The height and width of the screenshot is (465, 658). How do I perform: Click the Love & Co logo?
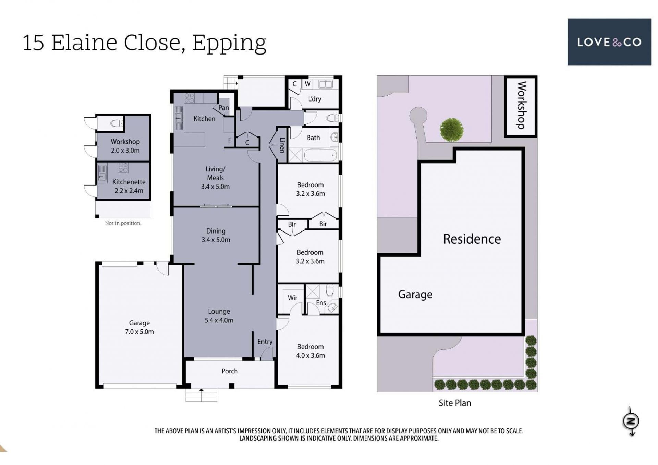609,42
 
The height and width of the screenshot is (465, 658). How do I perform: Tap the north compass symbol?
631,421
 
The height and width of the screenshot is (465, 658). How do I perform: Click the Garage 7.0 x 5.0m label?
139,327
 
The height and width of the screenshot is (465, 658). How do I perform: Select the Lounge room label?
219,316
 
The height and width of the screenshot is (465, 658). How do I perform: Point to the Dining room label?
216,235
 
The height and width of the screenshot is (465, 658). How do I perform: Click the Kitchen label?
204,119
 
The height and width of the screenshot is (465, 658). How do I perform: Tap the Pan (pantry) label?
223,108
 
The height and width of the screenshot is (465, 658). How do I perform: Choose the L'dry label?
314,99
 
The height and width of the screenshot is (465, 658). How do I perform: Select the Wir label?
292,298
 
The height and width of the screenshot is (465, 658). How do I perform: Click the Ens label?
321,302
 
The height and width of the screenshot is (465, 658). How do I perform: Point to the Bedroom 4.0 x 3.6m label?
310,351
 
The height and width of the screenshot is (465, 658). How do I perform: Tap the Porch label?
230,371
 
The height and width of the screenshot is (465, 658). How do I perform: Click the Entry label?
265,342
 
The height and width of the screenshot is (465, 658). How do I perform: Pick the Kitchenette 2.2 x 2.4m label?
129,186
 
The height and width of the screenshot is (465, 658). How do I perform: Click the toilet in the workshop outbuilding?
116,123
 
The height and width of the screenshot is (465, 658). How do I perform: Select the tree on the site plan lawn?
451,130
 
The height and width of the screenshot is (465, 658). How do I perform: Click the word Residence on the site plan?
472,239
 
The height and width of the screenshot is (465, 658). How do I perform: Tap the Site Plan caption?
455,403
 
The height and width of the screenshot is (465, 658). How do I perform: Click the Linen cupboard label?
282,145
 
